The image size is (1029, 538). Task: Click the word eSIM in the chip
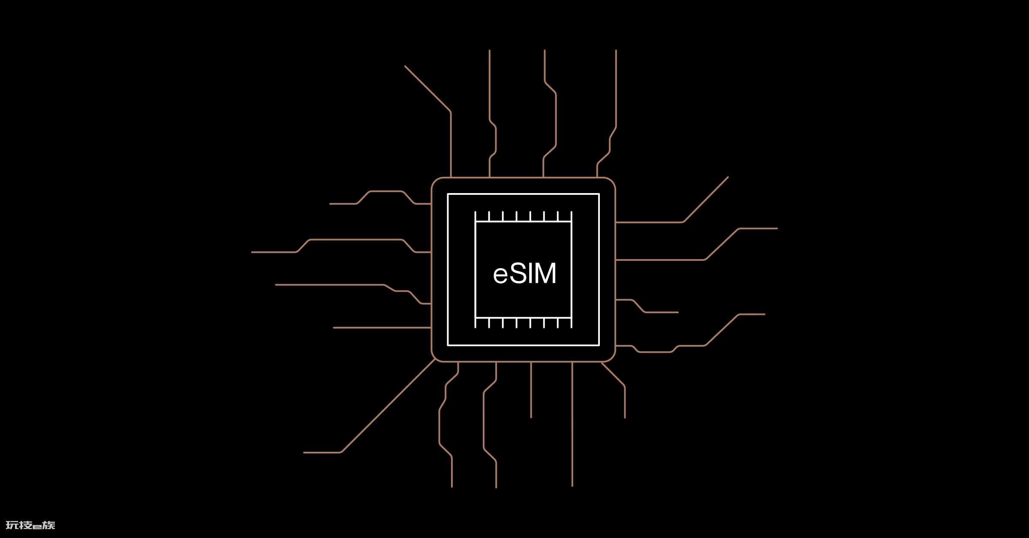point(524,273)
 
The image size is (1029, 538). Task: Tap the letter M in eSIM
point(545,273)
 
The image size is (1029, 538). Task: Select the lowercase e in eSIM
point(500,276)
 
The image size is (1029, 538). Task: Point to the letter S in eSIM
point(518,273)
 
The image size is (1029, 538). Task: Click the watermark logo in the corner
point(30,525)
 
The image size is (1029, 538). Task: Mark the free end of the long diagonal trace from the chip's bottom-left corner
point(304,453)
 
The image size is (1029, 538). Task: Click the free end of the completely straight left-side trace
point(334,328)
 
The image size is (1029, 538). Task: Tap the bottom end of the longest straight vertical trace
point(572,486)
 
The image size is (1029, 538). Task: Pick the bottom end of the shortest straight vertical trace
point(531,417)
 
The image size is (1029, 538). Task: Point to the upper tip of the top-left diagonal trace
point(405,66)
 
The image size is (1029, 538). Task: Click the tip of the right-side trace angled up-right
point(728,177)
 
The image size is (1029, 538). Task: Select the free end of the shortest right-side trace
point(678,312)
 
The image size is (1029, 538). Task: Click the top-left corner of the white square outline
point(448,194)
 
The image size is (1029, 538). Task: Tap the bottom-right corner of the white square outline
point(599,345)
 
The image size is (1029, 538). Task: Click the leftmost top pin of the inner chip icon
point(475,216)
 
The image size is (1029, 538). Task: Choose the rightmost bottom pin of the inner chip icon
point(572,323)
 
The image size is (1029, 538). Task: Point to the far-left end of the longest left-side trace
point(252,252)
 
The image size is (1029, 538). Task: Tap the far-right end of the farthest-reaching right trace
point(777,229)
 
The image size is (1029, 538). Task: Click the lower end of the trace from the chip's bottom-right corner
point(625,417)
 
